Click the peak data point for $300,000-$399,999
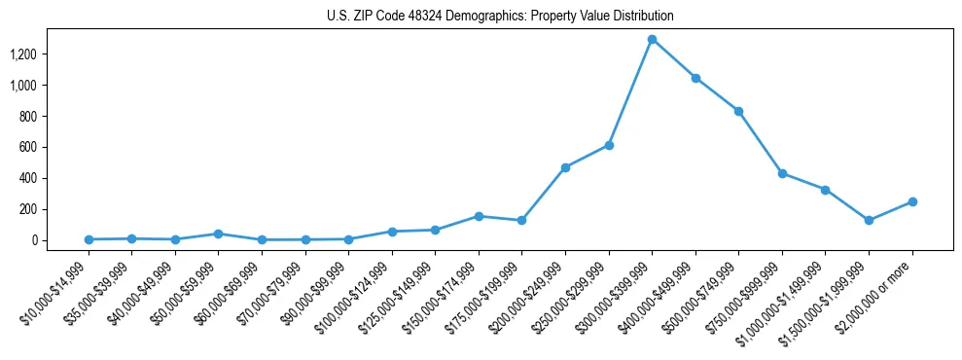[x=652, y=40]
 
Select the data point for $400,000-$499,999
[x=695, y=78]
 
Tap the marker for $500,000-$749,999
[x=739, y=111]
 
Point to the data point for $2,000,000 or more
[x=912, y=201]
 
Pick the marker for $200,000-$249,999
[x=565, y=167]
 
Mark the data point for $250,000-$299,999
[x=609, y=145]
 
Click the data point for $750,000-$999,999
[x=782, y=173]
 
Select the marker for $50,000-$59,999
[x=218, y=234]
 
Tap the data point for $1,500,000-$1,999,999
[x=869, y=221]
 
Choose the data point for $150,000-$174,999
[x=479, y=216]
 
